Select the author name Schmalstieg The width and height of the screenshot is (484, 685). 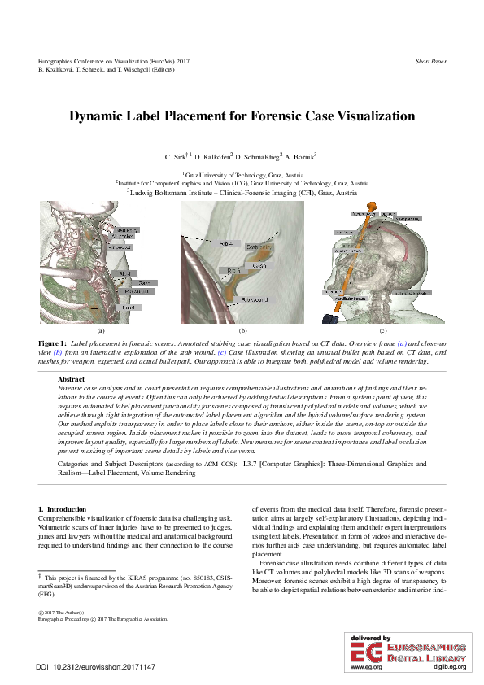coord(258,155)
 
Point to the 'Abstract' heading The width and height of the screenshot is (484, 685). coord(72,379)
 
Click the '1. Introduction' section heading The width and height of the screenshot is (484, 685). coord(63,508)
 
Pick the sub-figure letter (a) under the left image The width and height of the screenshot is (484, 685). coord(101,332)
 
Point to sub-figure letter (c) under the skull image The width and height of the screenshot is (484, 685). coord(383,332)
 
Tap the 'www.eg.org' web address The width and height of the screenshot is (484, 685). coord(365,666)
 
